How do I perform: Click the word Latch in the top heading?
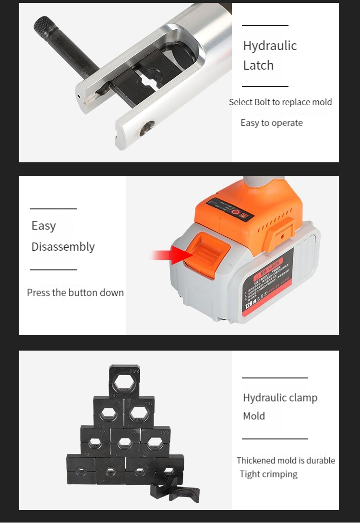point(258,65)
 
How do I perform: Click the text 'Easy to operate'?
point(272,123)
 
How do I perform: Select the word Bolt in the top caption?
point(262,102)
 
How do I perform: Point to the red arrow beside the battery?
point(168,255)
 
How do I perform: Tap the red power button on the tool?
point(236,212)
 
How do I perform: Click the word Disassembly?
point(63,247)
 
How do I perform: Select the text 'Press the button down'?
point(75,292)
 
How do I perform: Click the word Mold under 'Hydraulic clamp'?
point(254,416)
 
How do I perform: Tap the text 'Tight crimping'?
point(269,474)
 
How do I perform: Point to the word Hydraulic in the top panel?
point(270,46)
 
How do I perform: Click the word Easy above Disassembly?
point(44,226)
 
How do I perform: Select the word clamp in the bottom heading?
point(301,398)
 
